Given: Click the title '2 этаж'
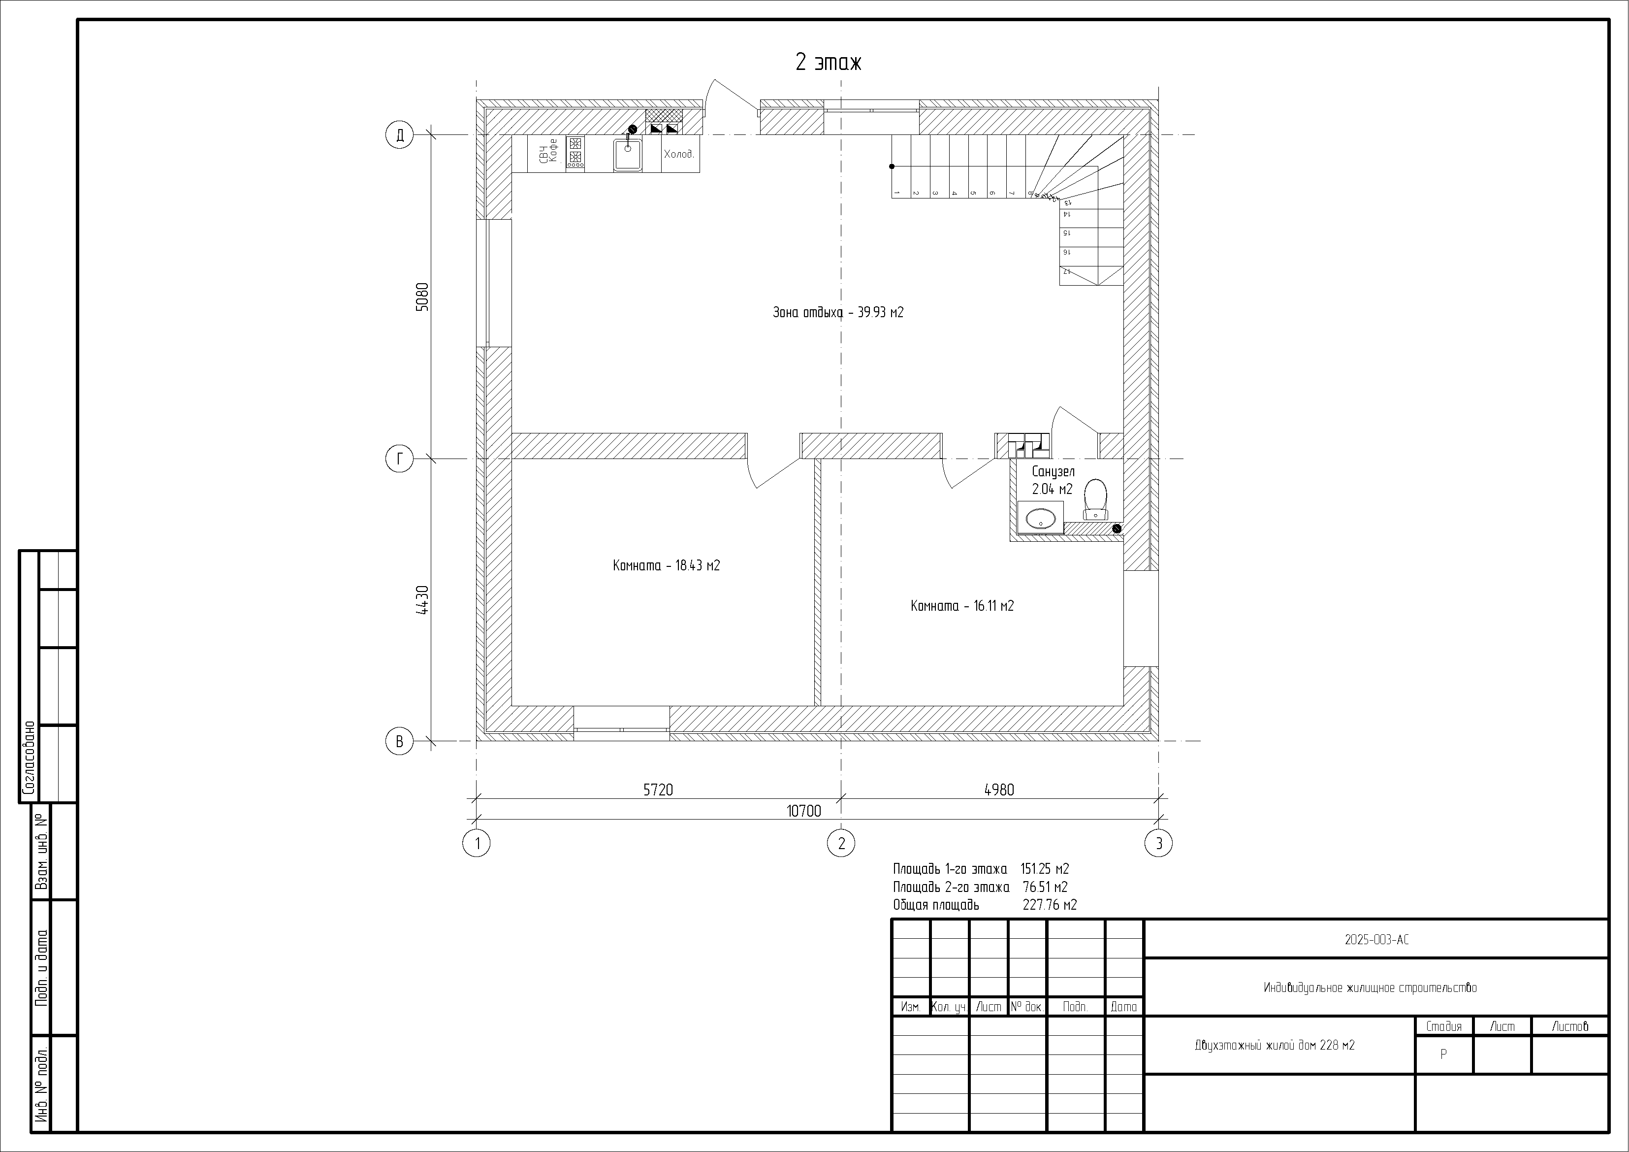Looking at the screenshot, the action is pos(828,63).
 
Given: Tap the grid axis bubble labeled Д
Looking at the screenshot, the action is pos(399,135).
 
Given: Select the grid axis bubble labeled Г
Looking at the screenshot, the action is pos(399,459).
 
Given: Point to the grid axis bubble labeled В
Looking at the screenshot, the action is pos(399,742).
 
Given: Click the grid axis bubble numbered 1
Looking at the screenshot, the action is pos(477,843).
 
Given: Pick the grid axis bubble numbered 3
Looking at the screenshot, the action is pos(1158,843).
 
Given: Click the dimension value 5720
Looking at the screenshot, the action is pos(658,790).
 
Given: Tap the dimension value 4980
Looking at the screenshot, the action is pos(999,790).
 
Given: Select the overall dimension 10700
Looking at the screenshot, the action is pos(804,811).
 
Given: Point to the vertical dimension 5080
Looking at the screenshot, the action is pos(422,297).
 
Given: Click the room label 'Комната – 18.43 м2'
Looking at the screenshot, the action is pos(666,566).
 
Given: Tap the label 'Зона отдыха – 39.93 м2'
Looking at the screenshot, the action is pos(838,312).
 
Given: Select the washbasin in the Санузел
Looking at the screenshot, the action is pos(1041,518).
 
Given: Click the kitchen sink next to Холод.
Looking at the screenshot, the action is pos(628,155).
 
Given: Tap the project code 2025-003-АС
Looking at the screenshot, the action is pos(1376,940).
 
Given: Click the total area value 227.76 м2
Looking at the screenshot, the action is pos(1050,904).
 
